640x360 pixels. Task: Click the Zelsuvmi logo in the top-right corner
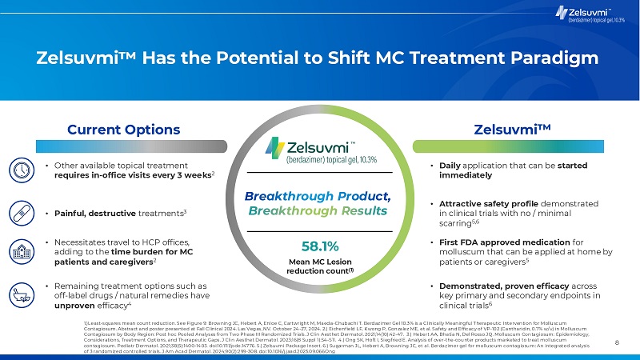coord(588,14)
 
